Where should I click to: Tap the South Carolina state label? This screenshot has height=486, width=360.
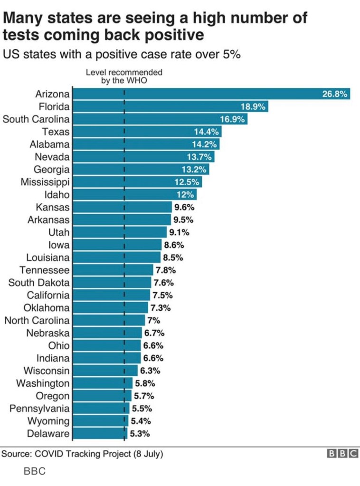click(36, 119)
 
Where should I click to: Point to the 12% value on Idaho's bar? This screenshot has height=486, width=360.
click(186, 195)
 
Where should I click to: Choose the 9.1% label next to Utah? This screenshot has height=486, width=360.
click(179, 232)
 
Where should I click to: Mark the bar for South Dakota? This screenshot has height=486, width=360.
click(112, 283)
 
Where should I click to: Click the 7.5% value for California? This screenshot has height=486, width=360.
click(162, 295)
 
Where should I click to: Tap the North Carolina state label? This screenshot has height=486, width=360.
click(37, 320)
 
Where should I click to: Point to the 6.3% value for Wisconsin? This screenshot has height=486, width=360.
click(150, 371)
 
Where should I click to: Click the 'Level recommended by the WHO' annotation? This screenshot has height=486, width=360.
click(124, 76)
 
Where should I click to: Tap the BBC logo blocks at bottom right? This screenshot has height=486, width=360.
click(342, 454)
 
